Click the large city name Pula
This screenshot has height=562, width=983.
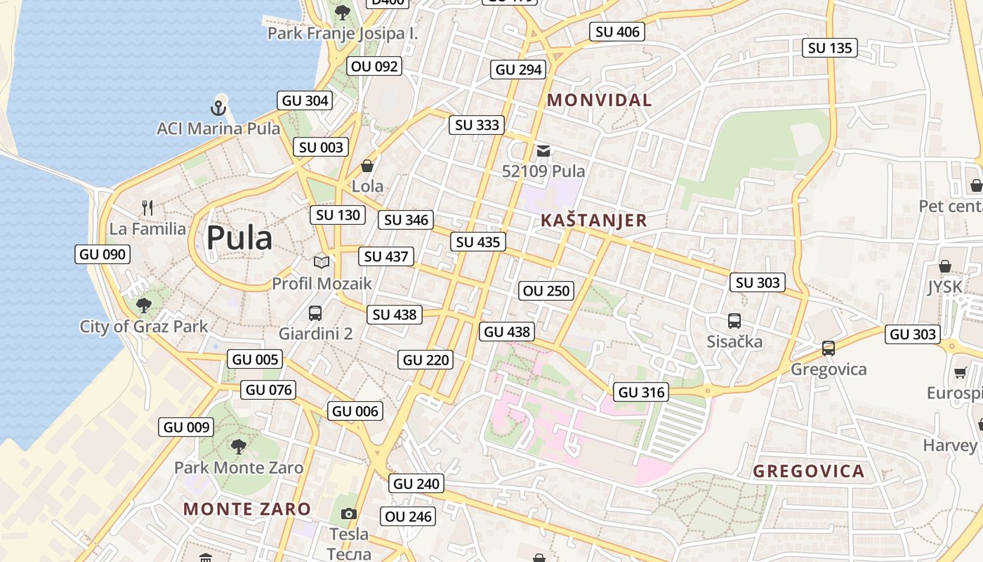[239, 238]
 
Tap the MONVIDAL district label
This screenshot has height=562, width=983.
[600, 100]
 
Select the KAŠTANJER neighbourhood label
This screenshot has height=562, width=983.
[593, 220]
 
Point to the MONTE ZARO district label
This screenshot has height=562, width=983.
[247, 509]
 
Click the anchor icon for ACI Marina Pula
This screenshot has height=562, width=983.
[218, 108]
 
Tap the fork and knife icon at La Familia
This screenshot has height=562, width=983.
[147, 208]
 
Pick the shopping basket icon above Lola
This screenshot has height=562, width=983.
[367, 166]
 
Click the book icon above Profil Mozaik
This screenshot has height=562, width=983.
[322, 262]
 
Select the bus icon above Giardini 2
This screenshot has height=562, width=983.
[315, 313]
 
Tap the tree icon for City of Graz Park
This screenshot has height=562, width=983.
[144, 306]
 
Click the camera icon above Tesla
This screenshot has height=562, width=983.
[348, 514]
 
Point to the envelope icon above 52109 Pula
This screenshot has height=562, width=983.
[543, 150]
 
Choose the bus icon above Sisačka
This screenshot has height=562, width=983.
[734, 321]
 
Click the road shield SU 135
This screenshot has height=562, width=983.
[829, 48]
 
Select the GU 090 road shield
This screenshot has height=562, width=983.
[103, 254]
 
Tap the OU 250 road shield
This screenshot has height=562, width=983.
[546, 290]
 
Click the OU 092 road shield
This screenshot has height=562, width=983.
[374, 66]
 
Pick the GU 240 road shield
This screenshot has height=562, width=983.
[416, 483]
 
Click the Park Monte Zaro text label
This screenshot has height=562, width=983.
[239, 467]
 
